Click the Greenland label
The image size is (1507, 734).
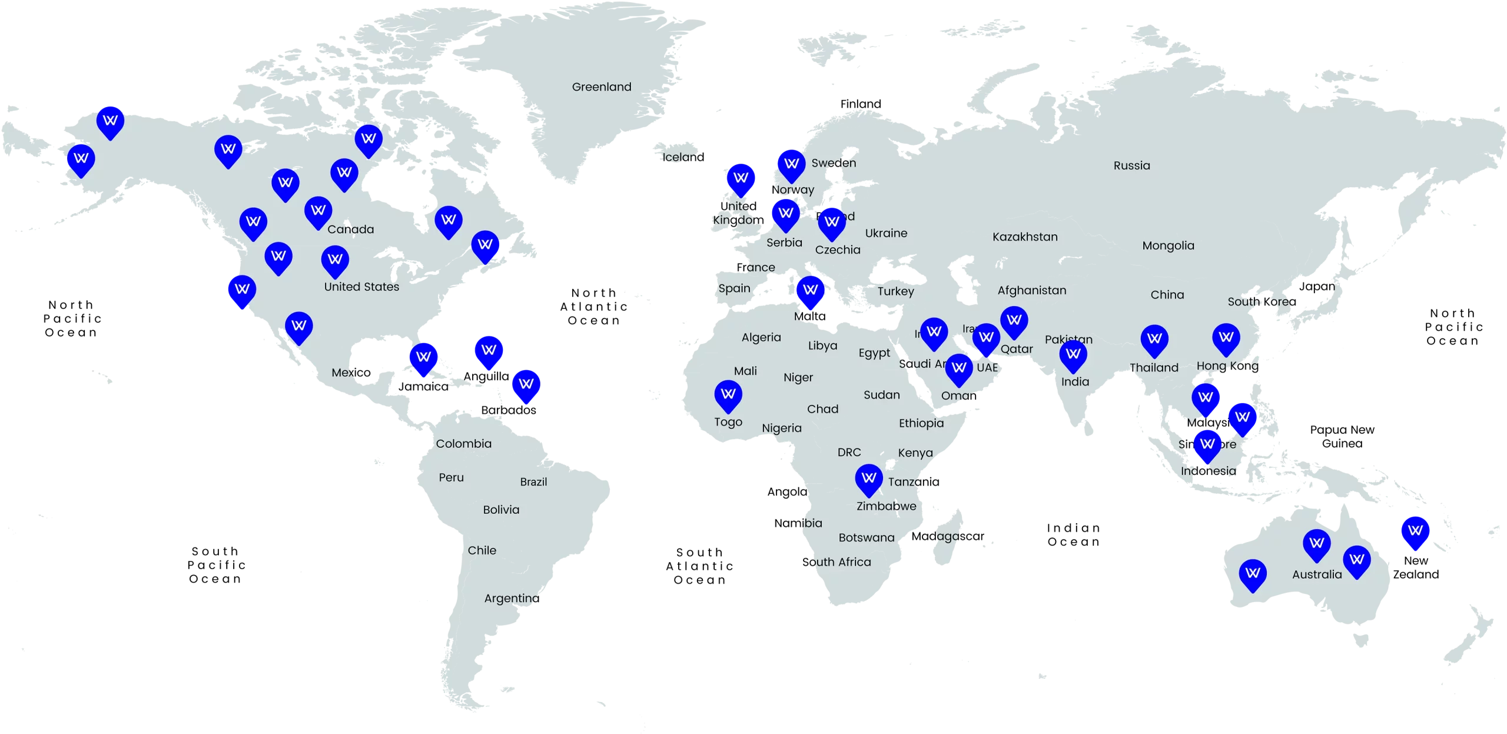[x=601, y=87]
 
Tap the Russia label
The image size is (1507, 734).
[x=1131, y=165]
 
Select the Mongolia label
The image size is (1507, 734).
[x=1168, y=245]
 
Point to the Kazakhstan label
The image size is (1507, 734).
[x=1025, y=237]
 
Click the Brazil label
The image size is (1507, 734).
[x=533, y=481]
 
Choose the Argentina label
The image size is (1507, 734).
[x=511, y=598]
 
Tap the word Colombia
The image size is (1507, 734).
[x=463, y=443]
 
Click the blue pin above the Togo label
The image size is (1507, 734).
[x=728, y=394]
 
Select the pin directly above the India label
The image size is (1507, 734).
[x=1073, y=354]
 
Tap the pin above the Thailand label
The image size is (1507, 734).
[x=1154, y=339]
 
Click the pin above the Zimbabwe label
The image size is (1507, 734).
[x=869, y=479]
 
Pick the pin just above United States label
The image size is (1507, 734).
[x=335, y=260]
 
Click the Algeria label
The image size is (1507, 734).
[x=761, y=337]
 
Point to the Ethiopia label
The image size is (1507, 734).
[x=921, y=423]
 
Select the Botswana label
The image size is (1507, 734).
[x=866, y=537]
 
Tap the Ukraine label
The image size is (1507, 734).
[x=886, y=233]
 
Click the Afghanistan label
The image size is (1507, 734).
[x=1031, y=290]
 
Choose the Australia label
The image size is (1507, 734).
[x=1317, y=574]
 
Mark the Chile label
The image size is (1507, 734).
[x=482, y=550]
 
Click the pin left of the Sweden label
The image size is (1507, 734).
[x=791, y=164]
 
